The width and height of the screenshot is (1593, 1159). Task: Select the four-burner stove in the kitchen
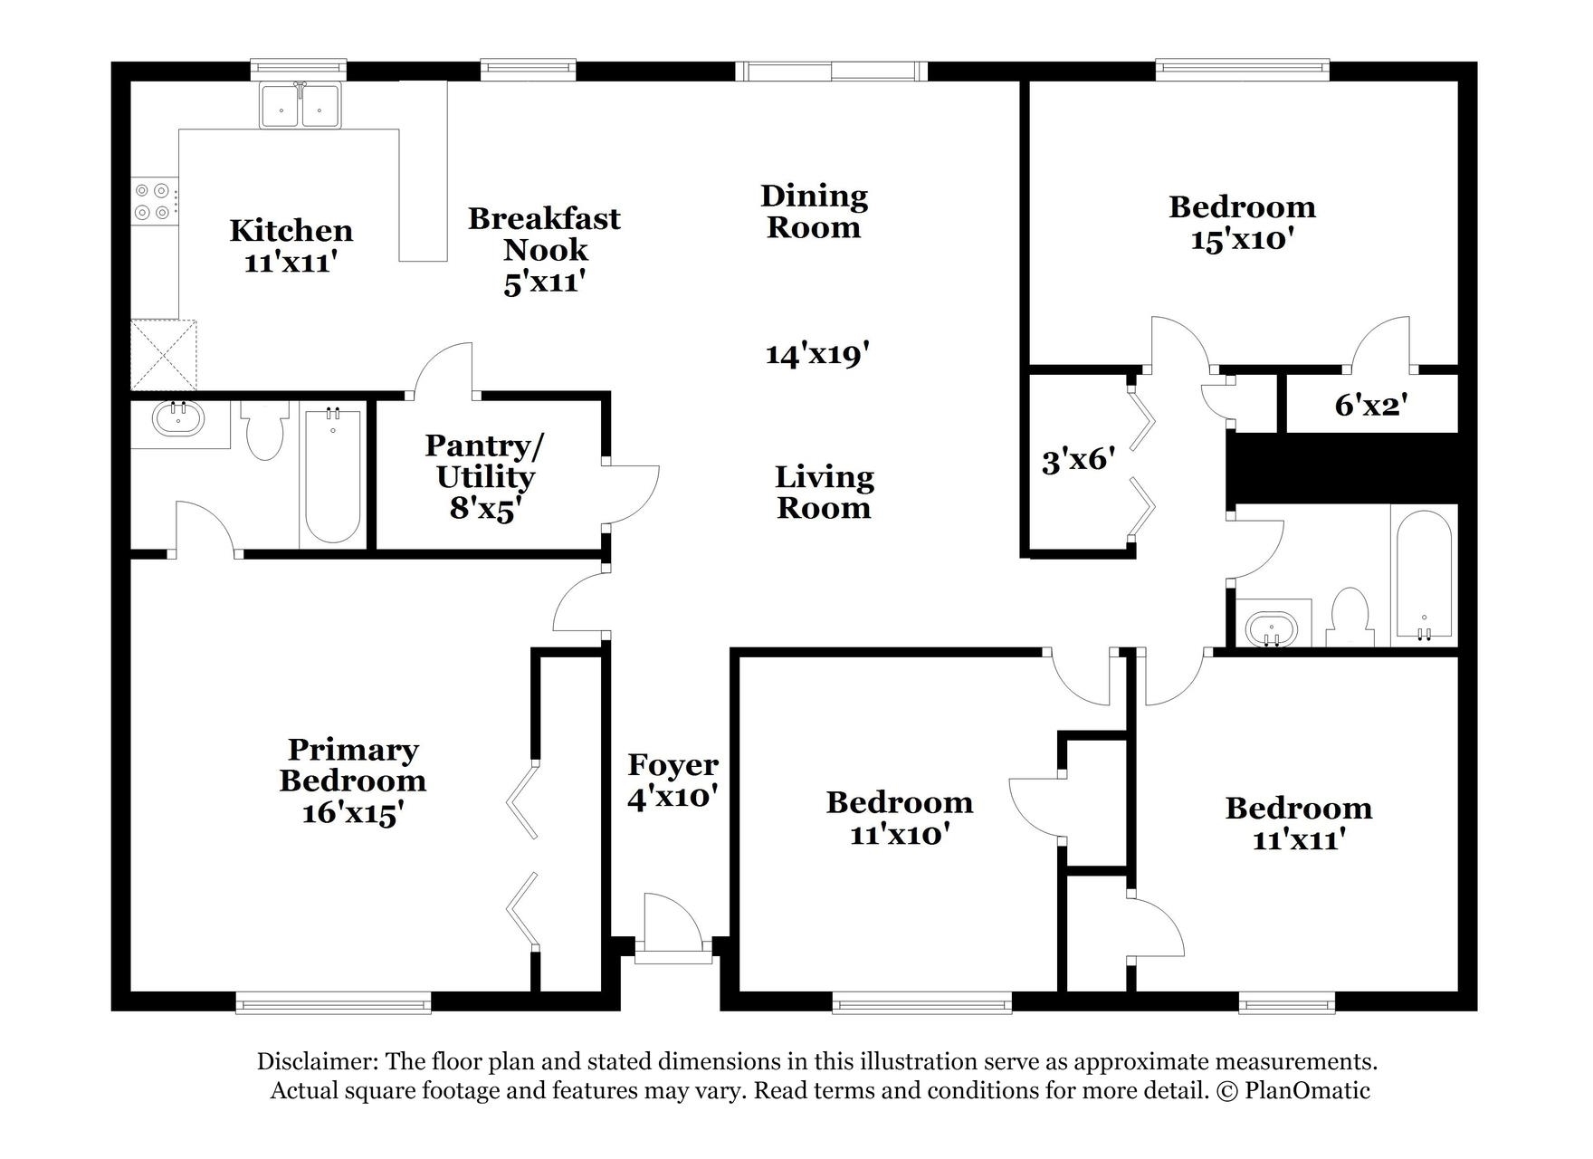[x=153, y=202]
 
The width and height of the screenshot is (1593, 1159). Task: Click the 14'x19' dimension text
[x=817, y=354]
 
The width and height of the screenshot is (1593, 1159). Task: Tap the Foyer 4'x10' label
[x=672, y=780]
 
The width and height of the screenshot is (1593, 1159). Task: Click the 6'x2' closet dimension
[x=1370, y=405]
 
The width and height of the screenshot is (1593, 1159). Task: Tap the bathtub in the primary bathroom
[x=333, y=476]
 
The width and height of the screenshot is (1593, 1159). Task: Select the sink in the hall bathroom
[x=1272, y=627]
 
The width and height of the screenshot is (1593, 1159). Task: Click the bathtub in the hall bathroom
[x=1424, y=577]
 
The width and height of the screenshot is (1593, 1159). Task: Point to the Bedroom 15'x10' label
[x=1242, y=223]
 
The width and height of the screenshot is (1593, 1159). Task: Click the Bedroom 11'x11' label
[x=1298, y=823]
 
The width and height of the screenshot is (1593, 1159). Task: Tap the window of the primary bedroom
[x=333, y=1001]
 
